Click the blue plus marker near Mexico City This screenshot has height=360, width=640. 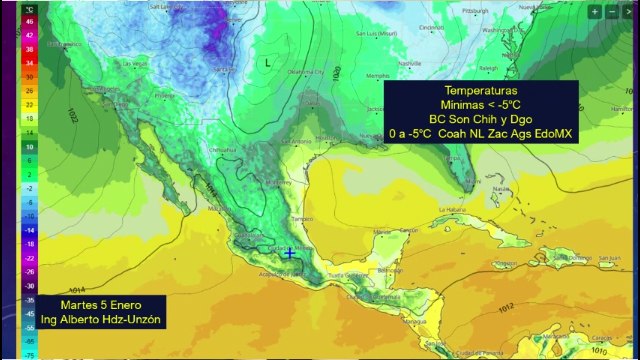(x=290, y=254)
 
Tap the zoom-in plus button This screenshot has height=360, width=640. (x=595, y=12)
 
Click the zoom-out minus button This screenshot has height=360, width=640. (x=612, y=12)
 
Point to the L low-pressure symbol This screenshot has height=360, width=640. (x=267, y=62)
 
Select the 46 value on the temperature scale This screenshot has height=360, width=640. (x=30, y=20)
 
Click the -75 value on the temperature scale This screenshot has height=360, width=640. (x=30, y=353)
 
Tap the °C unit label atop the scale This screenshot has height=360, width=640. (x=30, y=9)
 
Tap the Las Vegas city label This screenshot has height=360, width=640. (x=134, y=63)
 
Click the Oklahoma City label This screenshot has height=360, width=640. (x=306, y=73)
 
